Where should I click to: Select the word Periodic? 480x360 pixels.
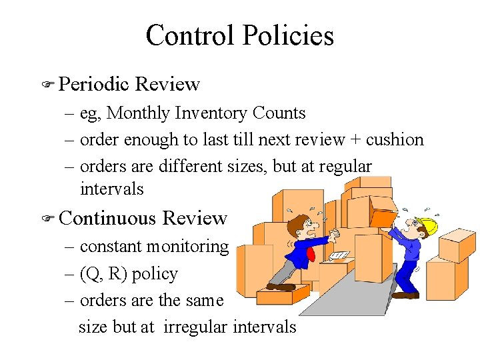93,85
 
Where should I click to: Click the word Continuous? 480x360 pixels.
108,219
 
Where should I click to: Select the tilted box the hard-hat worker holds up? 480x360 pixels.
385,217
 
